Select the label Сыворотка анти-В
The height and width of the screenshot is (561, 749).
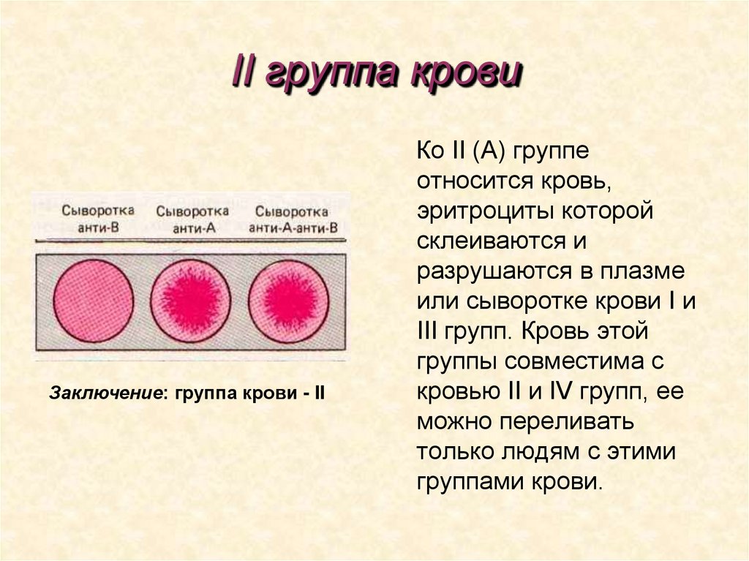tap(91, 218)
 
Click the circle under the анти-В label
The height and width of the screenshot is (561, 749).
tap(94, 301)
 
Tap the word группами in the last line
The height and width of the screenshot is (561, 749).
tap(469, 482)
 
